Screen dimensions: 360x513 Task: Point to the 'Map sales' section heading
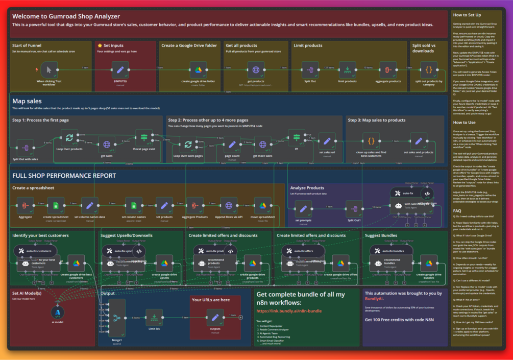[x=27, y=101]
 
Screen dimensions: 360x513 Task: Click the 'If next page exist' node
[x=144, y=137]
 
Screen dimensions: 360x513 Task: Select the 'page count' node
[x=232, y=145]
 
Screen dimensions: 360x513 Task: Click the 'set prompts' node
[x=303, y=208]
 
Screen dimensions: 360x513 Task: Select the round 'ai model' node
[x=57, y=312]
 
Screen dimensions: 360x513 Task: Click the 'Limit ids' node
[x=154, y=317]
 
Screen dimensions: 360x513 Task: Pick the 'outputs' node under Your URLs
[x=215, y=317]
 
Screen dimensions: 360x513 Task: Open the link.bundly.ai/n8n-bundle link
[x=289, y=310]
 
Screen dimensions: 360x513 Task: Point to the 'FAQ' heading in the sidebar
[x=457, y=210]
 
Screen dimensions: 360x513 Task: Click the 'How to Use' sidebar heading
[x=465, y=123]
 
